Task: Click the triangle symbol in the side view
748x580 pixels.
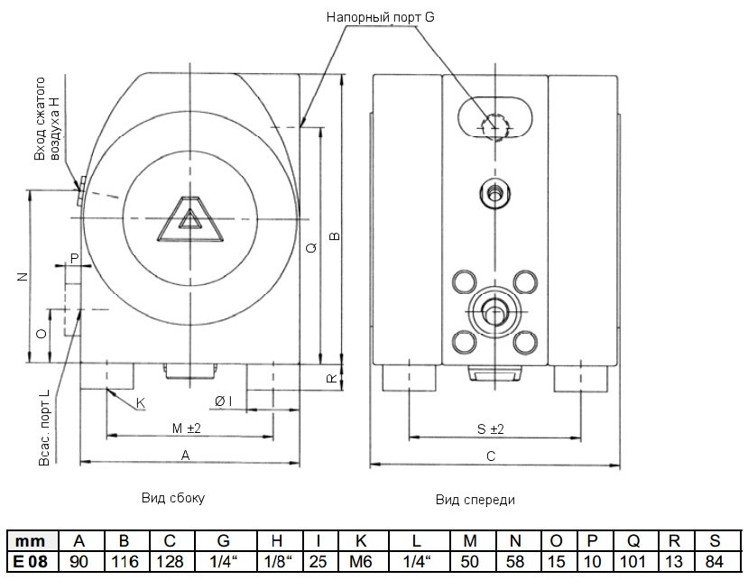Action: [x=189, y=221]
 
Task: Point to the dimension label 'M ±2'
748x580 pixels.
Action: [x=186, y=427]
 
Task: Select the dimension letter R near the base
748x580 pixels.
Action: [x=332, y=379]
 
